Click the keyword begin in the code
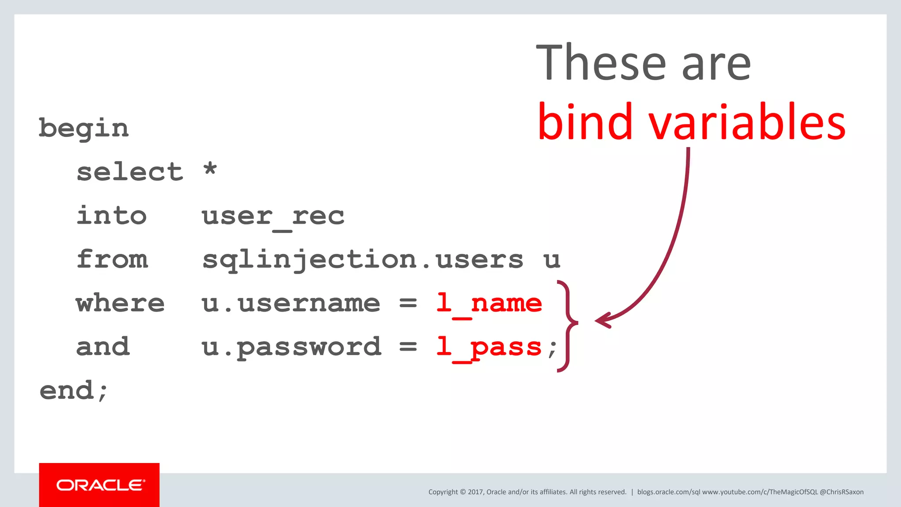[x=84, y=129]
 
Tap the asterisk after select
[x=210, y=169]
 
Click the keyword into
[x=111, y=215]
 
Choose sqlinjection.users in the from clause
[x=363, y=260]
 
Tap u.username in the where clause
[x=291, y=303]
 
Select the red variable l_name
[x=489, y=303]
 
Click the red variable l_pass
[x=489, y=347]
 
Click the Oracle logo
[x=99, y=485]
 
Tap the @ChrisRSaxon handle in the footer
[x=842, y=492]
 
